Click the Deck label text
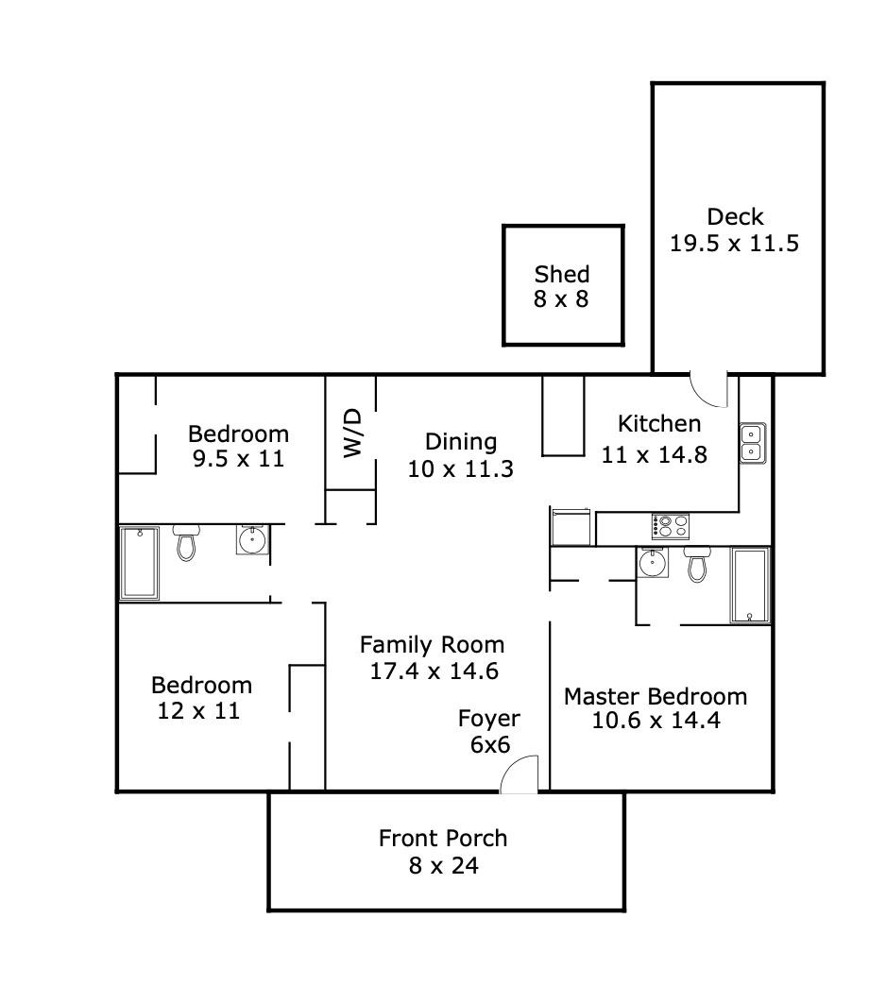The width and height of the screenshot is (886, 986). [735, 217]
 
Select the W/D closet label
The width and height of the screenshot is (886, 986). [351, 433]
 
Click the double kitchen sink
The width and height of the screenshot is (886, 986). [752, 442]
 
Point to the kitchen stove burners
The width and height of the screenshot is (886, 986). [670, 525]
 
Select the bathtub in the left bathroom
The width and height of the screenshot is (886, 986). [140, 563]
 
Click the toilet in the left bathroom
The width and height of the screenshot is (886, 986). [186, 542]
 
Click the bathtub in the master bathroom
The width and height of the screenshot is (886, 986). [750, 586]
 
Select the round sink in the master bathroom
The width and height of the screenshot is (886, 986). [652, 563]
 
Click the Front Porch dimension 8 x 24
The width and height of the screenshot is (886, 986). [444, 865]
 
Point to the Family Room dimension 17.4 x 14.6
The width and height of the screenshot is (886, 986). [434, 671]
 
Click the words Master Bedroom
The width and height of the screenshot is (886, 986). [655, 697]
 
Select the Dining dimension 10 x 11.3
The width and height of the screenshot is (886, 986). [460, 468]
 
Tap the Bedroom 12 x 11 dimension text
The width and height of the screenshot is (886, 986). [198, 711]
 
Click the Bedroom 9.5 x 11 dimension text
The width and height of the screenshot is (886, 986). [237, 459]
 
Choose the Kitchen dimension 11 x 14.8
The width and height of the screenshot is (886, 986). [654, 454]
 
